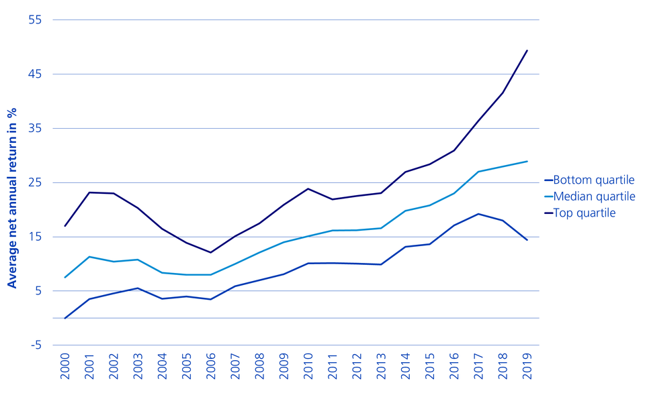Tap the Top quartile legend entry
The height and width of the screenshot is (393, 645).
(584, 213)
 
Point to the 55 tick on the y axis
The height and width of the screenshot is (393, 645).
(35, 19)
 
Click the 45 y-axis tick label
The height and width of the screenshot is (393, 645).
(35, 74)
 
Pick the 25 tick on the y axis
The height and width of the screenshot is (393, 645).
(35, 182)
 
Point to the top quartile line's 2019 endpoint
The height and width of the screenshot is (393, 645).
(527, 50)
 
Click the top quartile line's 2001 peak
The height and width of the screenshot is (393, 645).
(89, 192)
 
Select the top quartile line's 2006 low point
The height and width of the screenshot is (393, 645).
(211, 252)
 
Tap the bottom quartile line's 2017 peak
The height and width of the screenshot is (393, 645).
(478, 214)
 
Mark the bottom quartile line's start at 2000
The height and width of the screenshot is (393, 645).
(65, 318)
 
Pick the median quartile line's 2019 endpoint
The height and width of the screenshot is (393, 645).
(527, 161)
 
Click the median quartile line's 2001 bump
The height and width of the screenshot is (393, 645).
(89, 256)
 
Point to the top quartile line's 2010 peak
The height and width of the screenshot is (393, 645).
(308, 188)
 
